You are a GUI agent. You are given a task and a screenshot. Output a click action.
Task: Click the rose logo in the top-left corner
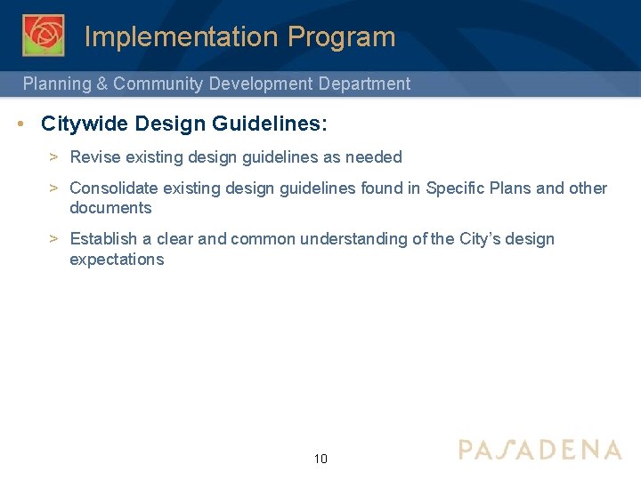coord(43,36)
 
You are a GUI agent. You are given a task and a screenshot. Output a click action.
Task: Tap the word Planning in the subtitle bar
coord(57,84)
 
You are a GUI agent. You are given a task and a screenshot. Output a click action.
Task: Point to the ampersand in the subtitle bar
coord(102,84)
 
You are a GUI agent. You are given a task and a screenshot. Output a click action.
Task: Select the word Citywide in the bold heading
coord(84,124)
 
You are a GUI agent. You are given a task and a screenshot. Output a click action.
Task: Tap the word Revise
coord(95,157)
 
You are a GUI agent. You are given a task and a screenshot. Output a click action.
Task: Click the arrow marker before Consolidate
coord(53,188)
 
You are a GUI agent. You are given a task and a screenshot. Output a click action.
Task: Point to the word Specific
coord(457,188)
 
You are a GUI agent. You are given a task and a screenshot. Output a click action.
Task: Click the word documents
coord(110,208)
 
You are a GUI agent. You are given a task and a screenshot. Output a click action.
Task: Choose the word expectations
coord(117,260)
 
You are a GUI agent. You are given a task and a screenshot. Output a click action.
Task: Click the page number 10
coord(320,459)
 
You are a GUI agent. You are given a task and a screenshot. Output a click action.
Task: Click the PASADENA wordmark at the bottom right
coord(540,449)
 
